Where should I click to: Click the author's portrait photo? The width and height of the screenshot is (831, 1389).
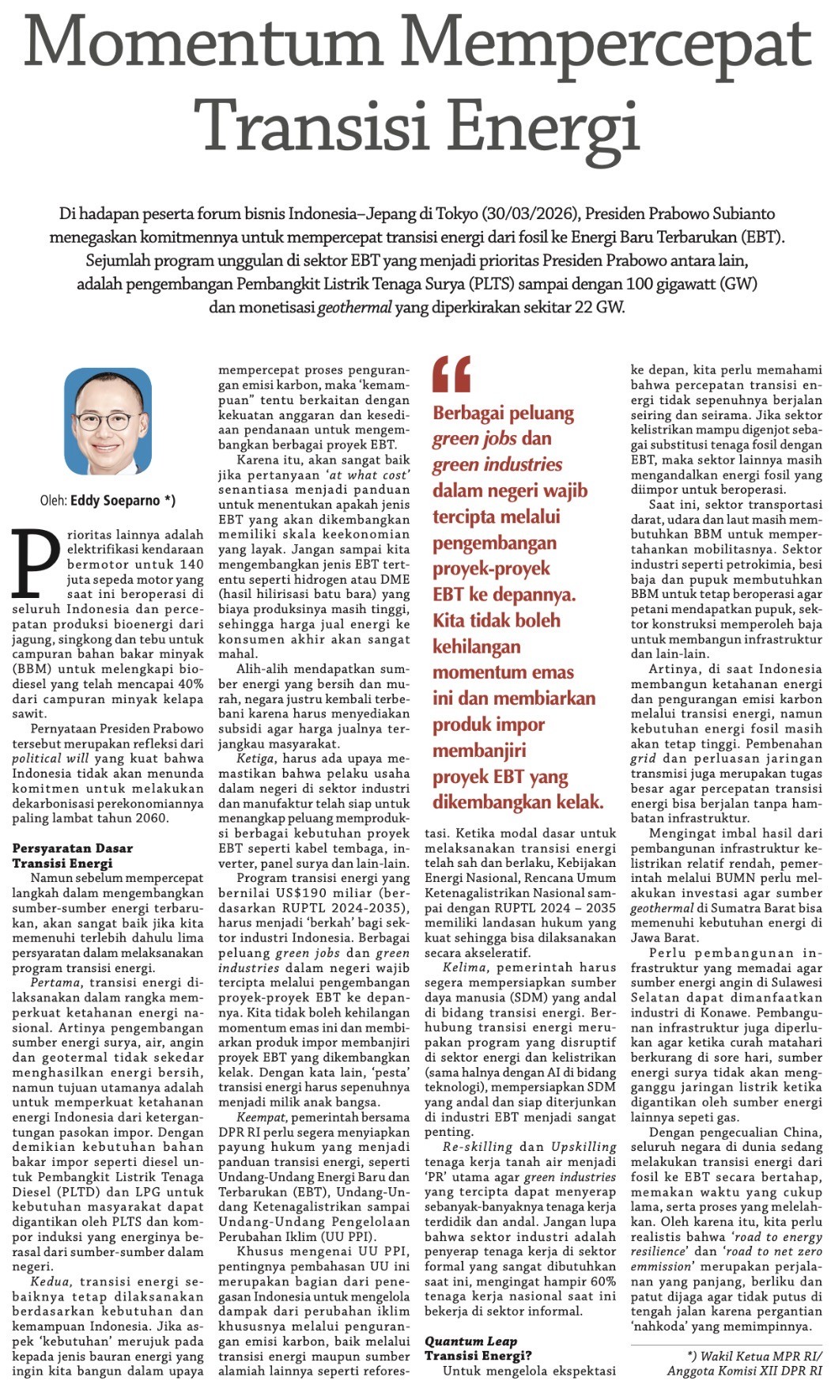(x=107, y=421)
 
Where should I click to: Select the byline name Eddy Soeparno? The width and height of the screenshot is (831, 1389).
(x=122, y=500)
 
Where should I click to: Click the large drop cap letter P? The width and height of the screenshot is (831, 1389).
(x=36, y=563)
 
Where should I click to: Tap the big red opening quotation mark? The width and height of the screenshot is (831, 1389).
(x=451, y=374)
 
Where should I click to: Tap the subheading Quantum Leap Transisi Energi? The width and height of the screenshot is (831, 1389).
(x=478, y=1348)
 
